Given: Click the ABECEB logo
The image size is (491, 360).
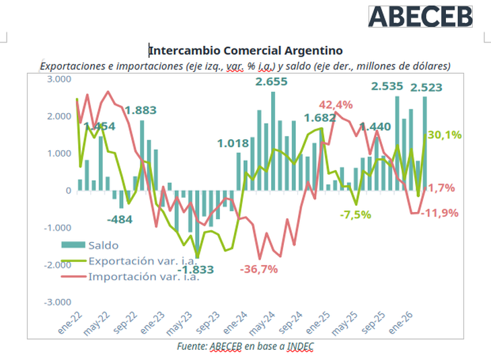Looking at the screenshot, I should (x=420, y=17).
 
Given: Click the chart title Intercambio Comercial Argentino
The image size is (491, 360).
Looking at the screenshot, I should (x=245, y=50).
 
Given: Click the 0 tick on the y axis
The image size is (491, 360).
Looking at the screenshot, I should (x=68, y=190).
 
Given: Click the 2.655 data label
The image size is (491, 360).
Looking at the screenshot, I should (x=271, y=82).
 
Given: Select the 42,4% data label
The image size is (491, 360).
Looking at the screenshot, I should (x=335, y=105).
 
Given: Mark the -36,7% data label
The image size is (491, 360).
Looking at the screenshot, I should (x=259, y=269).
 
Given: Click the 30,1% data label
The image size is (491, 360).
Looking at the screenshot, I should (x=444, y=135).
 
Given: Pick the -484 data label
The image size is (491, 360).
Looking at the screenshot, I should (x=122, y=219).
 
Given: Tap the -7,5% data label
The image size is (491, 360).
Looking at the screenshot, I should (x=355, y=215).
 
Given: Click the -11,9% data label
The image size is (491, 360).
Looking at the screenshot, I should (x=440, y=213).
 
